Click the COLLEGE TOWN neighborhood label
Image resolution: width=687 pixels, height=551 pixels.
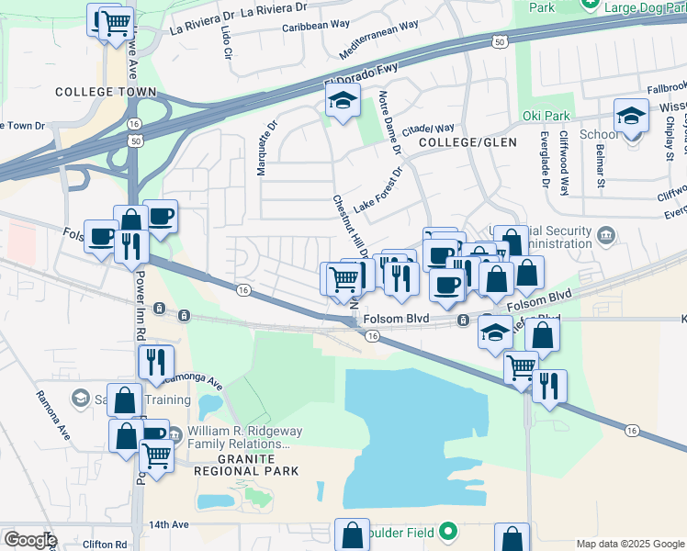click(105, 93)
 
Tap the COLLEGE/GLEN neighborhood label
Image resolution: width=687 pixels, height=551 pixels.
click(467, 143)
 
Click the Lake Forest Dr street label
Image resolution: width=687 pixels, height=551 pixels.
click(379, 190)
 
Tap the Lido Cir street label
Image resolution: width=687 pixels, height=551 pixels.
click(226, 42)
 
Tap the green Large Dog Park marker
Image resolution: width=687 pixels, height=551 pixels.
click(591, 6)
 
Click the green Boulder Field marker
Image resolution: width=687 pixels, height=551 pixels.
click(447, 531)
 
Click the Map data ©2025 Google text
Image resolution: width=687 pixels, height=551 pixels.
click(629, 543)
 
